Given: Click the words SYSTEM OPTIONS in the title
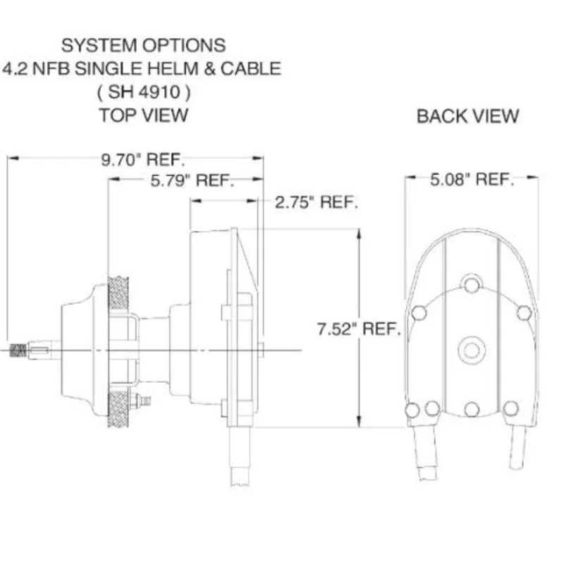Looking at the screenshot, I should click(x=143, y=46).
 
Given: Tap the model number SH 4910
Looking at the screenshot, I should click(x=143, y=92).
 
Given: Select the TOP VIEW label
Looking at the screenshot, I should click(x=143, y=115).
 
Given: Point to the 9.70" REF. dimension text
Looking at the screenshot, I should click(x=138, y=159).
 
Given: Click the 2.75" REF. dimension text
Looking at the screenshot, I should click(x=317, y=203).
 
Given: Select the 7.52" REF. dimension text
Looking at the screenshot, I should click(x=359, y=329).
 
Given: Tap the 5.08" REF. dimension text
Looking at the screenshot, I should click(x=470, y=179).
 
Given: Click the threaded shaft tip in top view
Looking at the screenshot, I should click(x=19, y=350).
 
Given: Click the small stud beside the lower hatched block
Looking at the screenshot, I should click(x=145, y=400).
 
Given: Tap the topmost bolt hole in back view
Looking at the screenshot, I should click(x=471, y=284).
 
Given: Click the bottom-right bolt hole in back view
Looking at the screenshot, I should click(x=511, y=408).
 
